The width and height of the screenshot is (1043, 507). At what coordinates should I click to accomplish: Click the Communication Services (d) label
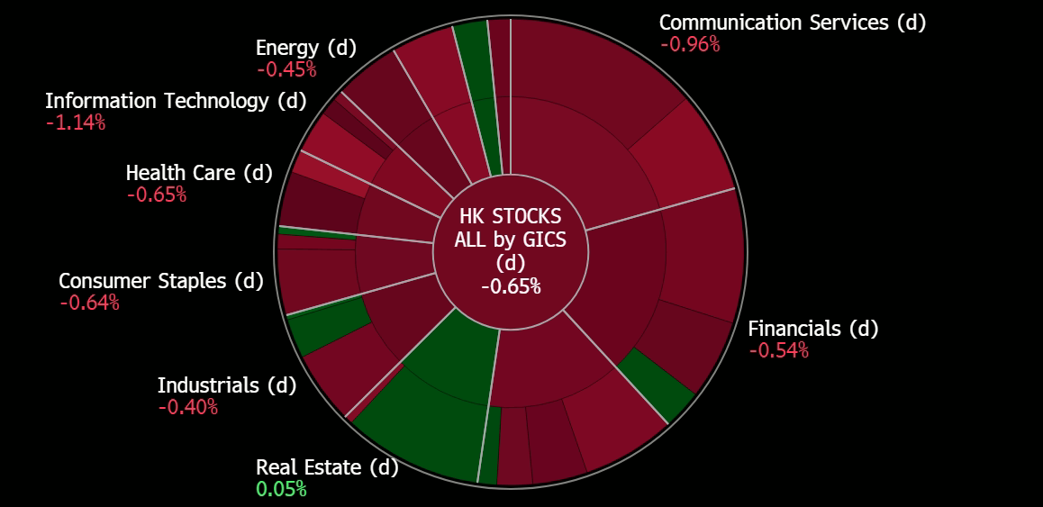(x=792, y=23)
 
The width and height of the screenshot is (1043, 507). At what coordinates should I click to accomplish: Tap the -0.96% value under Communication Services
(x=689, y=44)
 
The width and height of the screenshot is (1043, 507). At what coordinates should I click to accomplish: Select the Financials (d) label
(x=812, y=329)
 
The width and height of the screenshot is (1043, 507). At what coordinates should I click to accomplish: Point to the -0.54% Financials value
(x=778, y=350)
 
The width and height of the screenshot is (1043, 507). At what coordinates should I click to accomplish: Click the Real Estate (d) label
(x=326, y=467)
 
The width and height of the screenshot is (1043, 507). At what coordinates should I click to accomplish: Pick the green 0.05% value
(x=281, y=489)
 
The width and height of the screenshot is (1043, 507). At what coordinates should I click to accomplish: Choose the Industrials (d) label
(x=226, y=385)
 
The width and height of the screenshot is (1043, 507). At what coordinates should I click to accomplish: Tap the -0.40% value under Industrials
(x=187, y=407)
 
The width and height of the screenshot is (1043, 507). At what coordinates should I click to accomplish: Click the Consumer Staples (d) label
(x=160, y=281)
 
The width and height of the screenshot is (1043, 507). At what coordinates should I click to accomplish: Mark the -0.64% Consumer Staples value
(x=89, y=303)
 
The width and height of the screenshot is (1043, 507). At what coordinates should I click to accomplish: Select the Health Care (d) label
(x=198, y=172)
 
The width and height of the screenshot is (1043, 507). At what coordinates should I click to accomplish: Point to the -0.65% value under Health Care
(x=156, y=194)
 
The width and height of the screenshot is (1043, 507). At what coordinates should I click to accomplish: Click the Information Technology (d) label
(x=176, y=101)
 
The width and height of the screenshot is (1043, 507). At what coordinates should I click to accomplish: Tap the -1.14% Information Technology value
(x=76, y=122)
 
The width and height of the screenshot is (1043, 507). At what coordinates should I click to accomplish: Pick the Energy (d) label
(x=305, y=48)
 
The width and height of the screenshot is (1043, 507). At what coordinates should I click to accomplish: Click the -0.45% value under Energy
(x=286, y=69)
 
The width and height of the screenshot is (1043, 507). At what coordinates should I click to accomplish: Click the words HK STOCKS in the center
(x=510, y=217)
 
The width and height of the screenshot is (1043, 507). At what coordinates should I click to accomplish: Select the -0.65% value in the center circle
(x=510, y=286)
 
